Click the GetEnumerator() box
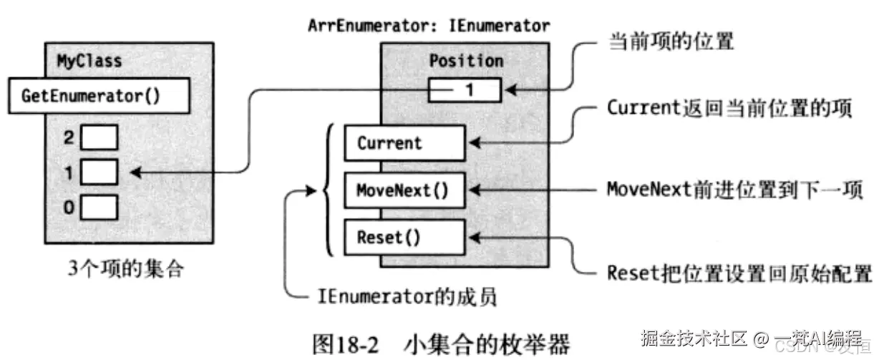coord(99,97)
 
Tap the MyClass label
coord(89,62)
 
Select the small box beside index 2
coord(99,138)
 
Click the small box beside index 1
coord(99,172)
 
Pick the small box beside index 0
coord(99,208)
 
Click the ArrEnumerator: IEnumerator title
coord(429,26)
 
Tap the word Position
coord(466,62)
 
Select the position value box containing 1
coord(466,90)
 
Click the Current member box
coord(404,143)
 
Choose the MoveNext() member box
coord(404,190)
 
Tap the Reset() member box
coord(404,237)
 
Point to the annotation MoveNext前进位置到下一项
coord(734,190)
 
